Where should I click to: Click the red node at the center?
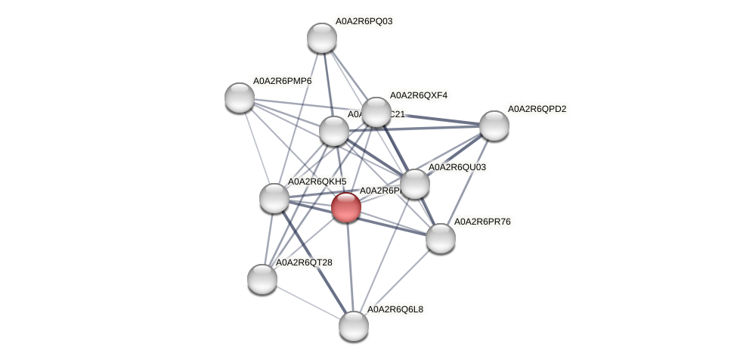tap(346, 206)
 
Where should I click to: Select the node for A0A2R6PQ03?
tap(321, 38)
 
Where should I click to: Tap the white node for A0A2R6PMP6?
tap(240, 98)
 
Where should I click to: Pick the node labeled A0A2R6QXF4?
tap(376, 112)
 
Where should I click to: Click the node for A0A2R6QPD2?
tap(494, 126)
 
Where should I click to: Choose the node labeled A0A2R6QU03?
tap(414, 184)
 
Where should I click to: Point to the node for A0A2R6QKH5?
tap(274, 198)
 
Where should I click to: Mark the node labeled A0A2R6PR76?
tap(440, 238)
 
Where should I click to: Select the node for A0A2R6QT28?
tap(262, 278)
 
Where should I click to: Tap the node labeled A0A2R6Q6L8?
tap(353, 325)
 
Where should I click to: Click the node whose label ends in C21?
tap(333, 131)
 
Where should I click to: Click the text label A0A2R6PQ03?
tap(364, 21)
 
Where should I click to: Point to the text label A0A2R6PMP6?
tap(282, 80)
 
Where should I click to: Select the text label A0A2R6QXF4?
tap(418, 95)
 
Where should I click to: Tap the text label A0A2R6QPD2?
tap(536, 109)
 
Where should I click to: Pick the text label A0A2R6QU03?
tap(457, 166)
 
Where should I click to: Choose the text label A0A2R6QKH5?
tap(317, 182)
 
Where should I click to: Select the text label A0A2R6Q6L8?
tap(395, 309)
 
